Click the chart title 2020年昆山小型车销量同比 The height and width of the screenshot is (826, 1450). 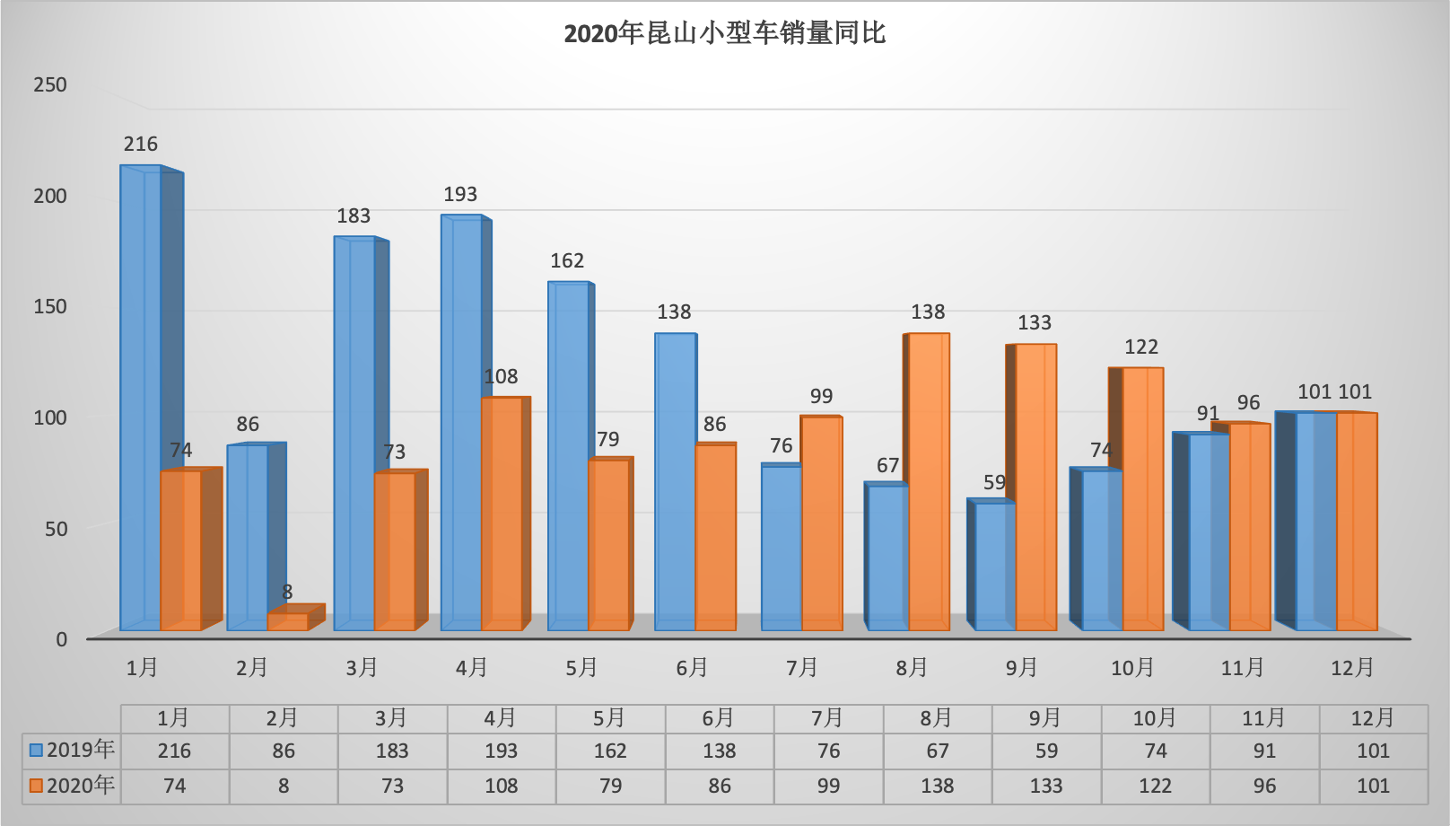tap(724, 33)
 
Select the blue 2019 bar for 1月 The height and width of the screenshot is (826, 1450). tap(141, 395)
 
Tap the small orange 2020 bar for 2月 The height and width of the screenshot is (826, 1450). tap(287, 621)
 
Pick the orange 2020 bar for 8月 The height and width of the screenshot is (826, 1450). tap(929, 480)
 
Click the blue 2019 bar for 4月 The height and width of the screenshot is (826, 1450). tap(461, 422)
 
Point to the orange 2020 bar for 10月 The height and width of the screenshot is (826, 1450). tap(1142, 498)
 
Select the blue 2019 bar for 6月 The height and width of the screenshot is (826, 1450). tap(675, 480)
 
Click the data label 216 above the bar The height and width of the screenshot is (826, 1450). tap(141, 144)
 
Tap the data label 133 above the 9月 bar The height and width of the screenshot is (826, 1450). tap(1035, 322)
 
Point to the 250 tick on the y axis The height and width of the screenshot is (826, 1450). tap(50, 84)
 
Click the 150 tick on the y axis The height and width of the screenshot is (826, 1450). tap(50, 306)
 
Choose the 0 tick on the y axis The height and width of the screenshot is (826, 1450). tap(61, 639)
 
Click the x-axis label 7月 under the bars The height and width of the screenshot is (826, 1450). tap(802, 667)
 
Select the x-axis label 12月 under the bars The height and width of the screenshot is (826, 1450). tap(1352, 667)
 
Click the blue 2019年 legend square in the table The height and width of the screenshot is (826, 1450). tap(37, 750)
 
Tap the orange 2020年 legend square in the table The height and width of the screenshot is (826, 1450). tap(37, 786)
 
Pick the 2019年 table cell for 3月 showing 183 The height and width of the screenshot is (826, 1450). tap(392, 751)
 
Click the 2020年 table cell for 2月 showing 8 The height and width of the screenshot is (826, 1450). tap(284, 786)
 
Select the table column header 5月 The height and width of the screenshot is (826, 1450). tap(609, 718)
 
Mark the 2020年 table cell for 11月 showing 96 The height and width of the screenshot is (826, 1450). tap(1264, 786)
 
